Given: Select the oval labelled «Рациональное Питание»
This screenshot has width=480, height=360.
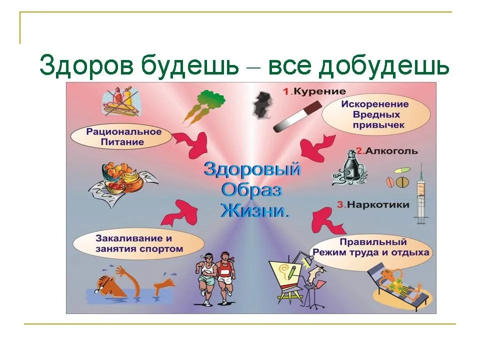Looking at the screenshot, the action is click(x=122, y=137).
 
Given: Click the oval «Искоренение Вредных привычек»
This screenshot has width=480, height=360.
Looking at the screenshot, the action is click(x=376, y=114).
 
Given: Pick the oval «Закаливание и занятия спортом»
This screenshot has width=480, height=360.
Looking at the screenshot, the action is click(x=138, y=243).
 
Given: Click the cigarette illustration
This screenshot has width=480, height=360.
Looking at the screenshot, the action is click(x=297, y=116).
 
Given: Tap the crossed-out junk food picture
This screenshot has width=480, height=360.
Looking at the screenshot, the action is click(x=122, y=101).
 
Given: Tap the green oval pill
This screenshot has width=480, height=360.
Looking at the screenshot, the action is click(x=401, y=170).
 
